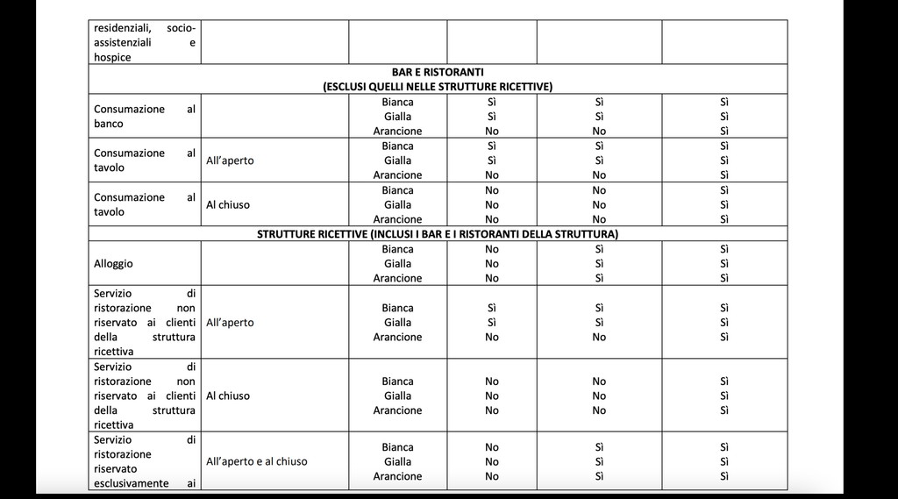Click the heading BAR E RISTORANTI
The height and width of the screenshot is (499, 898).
click(438, 72)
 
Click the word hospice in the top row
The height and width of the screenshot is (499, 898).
click(112, 57)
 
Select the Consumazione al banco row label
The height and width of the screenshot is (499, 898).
click(144, 116)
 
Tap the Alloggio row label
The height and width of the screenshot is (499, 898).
click(113, 263)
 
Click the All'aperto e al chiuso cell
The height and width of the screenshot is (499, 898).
click(256, 461)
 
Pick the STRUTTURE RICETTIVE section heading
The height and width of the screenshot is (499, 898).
click(438, 233)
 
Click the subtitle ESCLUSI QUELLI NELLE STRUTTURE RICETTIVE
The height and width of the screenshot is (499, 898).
click(438, 86)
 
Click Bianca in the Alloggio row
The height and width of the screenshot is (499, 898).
click(397, 249)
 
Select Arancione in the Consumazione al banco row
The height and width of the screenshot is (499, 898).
click(397, 131)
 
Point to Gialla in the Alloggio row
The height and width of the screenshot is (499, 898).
click(397, 263)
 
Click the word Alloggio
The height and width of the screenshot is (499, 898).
click(113, 263)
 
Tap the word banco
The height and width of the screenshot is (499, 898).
click(109, 124)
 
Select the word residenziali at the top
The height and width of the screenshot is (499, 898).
click(123, 27)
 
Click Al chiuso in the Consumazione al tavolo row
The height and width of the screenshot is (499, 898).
click(228, 204)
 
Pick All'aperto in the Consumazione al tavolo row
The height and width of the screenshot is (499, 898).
click(230, 160)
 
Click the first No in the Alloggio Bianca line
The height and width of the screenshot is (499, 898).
click(492, 249)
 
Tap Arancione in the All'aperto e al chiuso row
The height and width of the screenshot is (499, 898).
click(397, 476)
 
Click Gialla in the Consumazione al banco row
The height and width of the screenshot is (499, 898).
click(397, 117)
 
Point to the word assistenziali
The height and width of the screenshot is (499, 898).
click(123, 42)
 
